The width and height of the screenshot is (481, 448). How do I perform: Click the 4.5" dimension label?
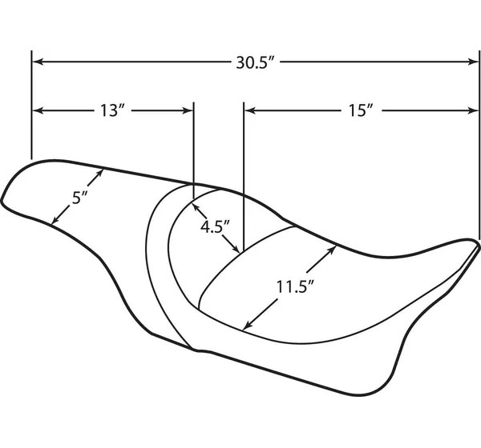[x=215, y=227]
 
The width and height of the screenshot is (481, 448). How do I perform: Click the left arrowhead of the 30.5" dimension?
[x=38, y=62]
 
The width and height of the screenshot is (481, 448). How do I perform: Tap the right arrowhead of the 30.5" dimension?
[x=473, y=62]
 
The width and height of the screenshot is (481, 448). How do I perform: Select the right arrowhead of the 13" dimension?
[x=188, y=110]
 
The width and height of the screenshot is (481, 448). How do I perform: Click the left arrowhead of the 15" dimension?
[x=250, y=110]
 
